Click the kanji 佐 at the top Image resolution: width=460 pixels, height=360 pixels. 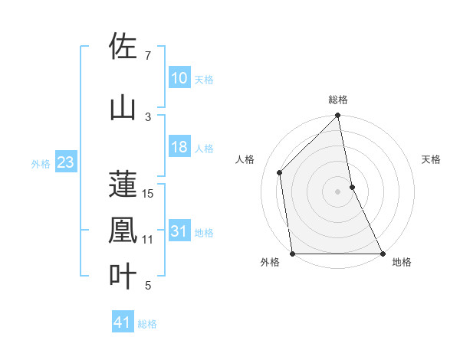[123, 47]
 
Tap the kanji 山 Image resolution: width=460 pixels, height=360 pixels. [123, 109]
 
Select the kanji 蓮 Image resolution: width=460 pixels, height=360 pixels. [123, 185]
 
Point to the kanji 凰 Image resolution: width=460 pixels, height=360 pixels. [123, 231]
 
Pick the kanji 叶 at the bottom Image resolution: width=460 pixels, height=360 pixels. [123, 276]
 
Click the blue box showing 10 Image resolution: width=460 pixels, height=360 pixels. [179, 78]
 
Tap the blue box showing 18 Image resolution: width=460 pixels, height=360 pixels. [179, 147]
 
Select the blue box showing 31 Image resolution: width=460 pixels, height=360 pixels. [179, 231]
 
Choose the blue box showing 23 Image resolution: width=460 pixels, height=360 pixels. [66, 162]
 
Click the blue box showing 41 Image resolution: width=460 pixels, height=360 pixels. [123, 322]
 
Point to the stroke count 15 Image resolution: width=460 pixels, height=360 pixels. [149, 194]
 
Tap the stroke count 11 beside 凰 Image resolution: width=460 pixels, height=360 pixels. [148, 240]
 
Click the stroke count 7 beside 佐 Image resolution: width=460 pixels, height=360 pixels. [148, 56]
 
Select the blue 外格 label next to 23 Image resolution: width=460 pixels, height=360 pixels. [41, 163]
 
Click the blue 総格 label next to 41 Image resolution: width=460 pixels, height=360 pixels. [147, 323]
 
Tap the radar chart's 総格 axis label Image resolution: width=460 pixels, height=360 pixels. [338, 100]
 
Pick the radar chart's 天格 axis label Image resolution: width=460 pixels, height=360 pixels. [432, 159]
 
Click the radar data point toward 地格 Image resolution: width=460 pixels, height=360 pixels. [382, 254]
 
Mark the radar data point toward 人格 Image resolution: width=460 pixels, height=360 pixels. [280, 172]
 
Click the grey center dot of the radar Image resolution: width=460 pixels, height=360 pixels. [338, 191]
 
